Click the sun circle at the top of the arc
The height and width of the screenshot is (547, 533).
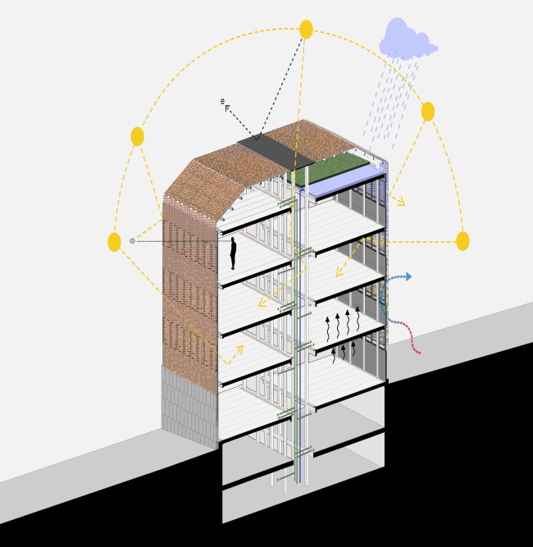click(306, 30)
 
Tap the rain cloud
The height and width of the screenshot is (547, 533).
click(407, 39)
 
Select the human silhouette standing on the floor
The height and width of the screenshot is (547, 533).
click(233, 253)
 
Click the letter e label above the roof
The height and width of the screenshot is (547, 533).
click(222, 101)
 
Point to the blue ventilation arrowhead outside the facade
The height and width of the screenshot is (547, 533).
click(408, 276)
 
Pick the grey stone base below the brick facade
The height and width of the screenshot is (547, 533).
click(189, 407)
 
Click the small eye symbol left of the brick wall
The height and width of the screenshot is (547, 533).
click(132, 241)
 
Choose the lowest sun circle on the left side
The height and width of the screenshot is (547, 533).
click(115, 242)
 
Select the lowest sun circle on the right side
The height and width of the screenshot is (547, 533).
click(462, 241)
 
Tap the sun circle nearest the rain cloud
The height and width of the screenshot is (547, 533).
click(428, 112)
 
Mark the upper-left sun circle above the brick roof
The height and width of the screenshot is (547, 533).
click(138, 136)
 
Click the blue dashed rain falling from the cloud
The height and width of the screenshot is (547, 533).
click(390, 101)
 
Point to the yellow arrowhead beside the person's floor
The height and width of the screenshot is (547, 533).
click(262, 303)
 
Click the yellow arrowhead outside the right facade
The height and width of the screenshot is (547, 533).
click(401, 202)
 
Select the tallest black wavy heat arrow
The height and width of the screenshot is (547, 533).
click(358, 318)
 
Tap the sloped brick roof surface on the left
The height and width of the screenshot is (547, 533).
click(223, 181)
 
